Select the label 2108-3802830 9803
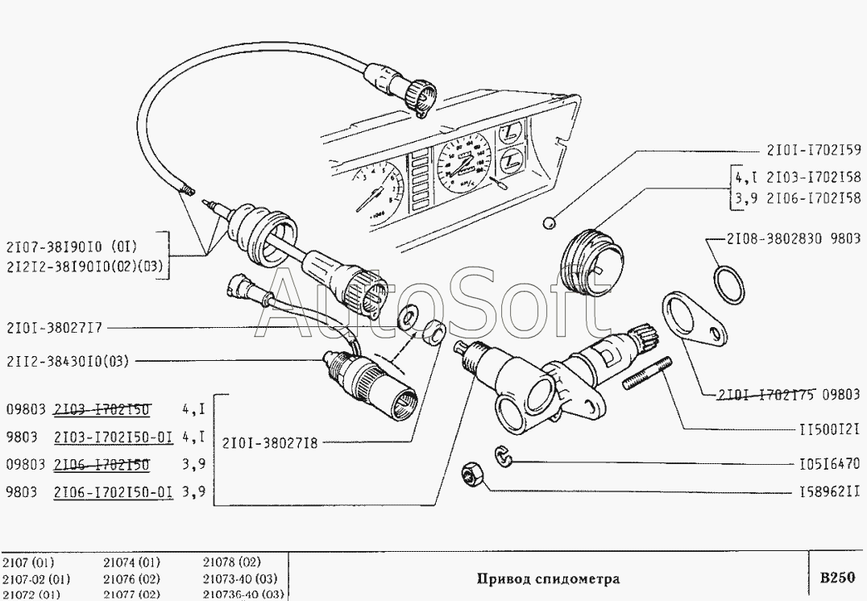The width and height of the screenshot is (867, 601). pyautogui.click(x=793, y=239)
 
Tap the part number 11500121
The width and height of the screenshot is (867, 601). pyautogui.click(x=827, y=429)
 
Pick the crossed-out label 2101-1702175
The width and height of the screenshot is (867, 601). pyautogui.click(x=766, y=395)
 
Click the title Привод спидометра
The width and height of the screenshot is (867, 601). pyautogui.click(x=547, y=578)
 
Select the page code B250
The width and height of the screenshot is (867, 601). pyautogui.click(x=836, y=577)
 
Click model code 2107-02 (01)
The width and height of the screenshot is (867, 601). pyautogui.click(x=36, y=578)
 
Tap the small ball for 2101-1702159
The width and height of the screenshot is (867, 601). pyautogui.click(x=550, y=222)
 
